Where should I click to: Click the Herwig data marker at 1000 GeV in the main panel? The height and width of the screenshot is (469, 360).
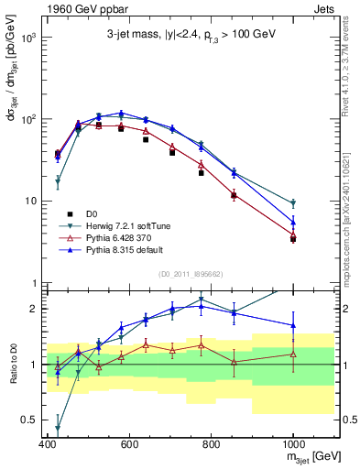[293, 203]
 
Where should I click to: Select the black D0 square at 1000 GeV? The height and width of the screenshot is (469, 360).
[293, 238]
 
